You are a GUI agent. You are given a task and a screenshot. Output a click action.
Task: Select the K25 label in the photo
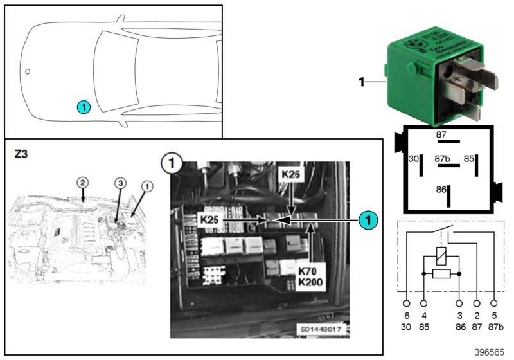[x=210, y=220]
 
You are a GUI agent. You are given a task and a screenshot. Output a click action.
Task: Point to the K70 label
[x=308, y=271]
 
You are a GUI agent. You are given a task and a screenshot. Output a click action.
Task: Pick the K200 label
[x=308, y=282]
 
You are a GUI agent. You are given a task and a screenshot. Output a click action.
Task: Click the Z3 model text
[x=21, y=155]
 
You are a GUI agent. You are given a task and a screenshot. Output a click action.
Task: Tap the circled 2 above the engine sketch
[x=82, y=183]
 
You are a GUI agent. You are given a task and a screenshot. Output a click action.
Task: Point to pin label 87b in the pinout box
[x=441, y=158]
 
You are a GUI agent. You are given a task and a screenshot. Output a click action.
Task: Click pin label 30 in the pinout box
[x=414, y=158]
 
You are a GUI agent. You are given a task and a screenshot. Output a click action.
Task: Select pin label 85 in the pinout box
[x=470, y=158]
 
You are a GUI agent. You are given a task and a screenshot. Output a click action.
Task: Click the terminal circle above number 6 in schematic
[x=407, y=302]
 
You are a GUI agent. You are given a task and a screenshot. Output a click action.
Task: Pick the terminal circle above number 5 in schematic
[x=494, y=302]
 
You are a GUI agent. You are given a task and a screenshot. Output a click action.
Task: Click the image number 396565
[x=490, y=352]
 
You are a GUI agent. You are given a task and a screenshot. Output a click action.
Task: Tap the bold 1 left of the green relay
[x=361, y=82]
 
